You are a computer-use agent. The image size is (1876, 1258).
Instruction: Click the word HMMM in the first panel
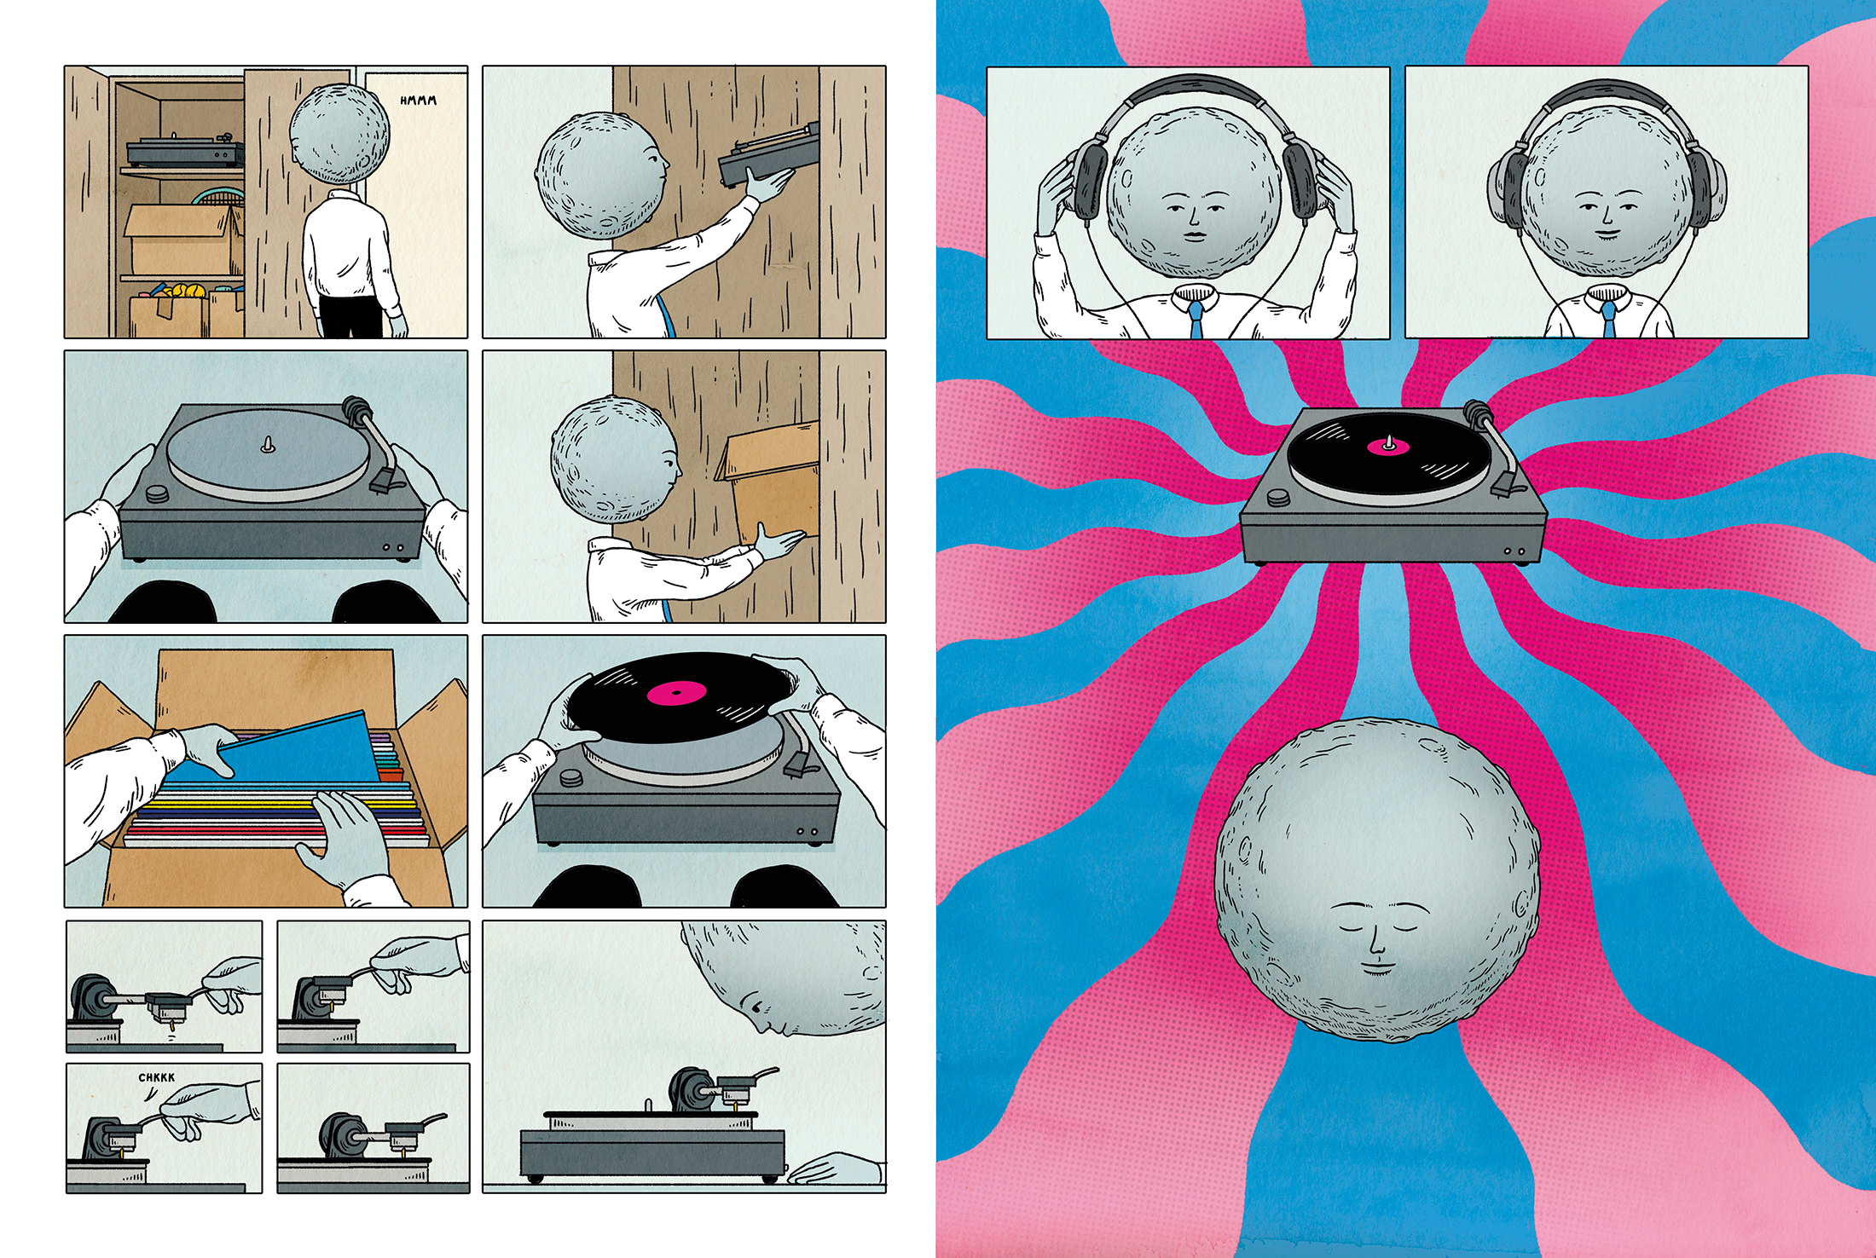click(x=418, y=101)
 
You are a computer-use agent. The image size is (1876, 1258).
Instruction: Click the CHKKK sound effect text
click(x=157, y=1077)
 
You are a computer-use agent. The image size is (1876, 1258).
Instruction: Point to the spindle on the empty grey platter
click(x=268, y=444)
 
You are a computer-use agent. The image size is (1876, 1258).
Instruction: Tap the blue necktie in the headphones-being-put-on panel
click(x=1197, y=320)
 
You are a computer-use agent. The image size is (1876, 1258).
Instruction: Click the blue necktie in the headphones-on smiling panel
click(x=1608, y=320)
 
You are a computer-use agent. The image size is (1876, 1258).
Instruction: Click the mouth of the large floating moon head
click(x=1377, y=967)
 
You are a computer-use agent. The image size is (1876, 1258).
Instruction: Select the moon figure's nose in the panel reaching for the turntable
click(x=665, y=163)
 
